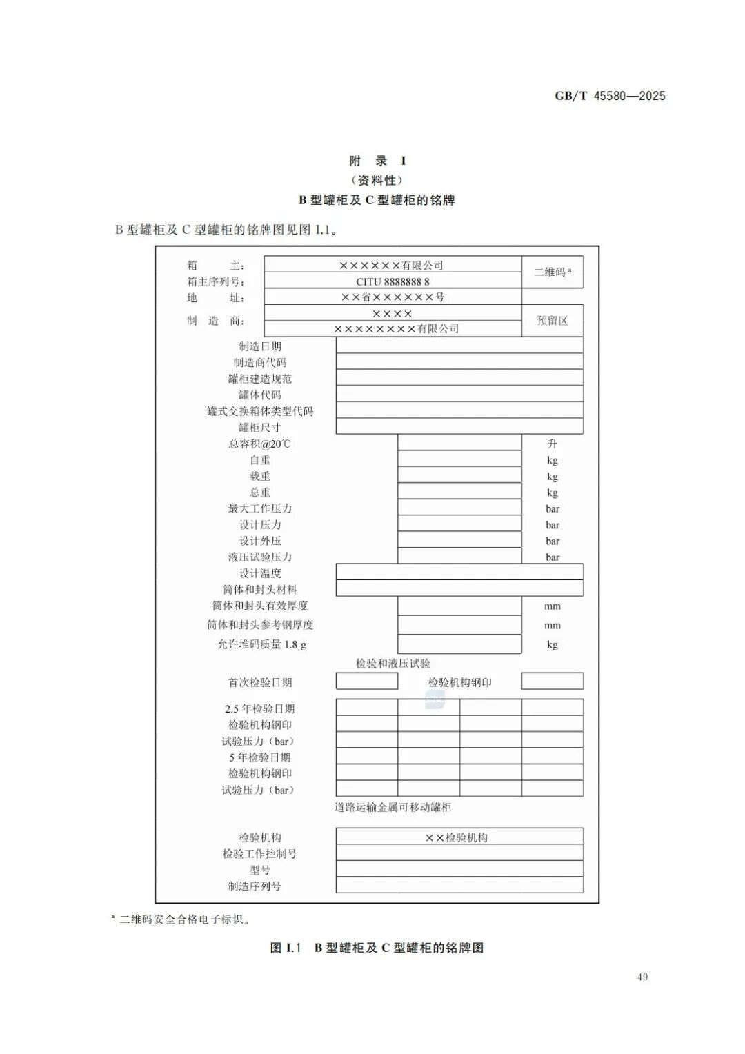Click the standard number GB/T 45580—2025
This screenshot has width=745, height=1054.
click(610, 96)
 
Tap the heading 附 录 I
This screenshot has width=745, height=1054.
click(377, 161)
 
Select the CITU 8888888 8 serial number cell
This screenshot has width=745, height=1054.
click(393, 281)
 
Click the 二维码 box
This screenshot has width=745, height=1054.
click(552, 272)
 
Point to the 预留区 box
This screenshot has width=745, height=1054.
click(552, 321)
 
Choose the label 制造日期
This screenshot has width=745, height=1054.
click(260, 346)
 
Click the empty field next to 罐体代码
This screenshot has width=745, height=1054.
click(459, 395)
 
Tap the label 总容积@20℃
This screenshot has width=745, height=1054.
click(260, 444)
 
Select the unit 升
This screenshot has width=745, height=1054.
click(552, 444)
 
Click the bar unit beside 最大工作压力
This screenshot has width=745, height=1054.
click(552, 508)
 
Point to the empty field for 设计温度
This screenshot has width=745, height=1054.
click(459, 573)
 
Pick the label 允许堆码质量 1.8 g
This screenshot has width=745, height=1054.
click(261, 644)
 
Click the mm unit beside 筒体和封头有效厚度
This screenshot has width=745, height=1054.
click(552, 606)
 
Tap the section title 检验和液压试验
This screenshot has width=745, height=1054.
click(393, 663)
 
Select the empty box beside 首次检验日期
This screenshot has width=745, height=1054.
click(366, 682)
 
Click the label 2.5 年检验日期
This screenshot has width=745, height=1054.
click(260, 708)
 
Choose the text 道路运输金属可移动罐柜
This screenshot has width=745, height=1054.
click(393, 807)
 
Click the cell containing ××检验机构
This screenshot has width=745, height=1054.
click(459, 837)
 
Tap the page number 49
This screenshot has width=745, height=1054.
click(642, 977)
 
